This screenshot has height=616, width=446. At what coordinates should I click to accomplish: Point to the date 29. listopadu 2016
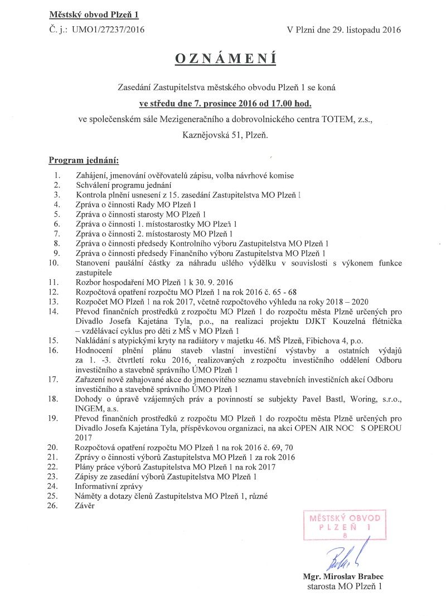point(365,31)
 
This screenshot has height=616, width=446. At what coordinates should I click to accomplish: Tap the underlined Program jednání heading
point(84,161)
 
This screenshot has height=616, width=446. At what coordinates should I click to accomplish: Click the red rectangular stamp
point(345,525)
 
